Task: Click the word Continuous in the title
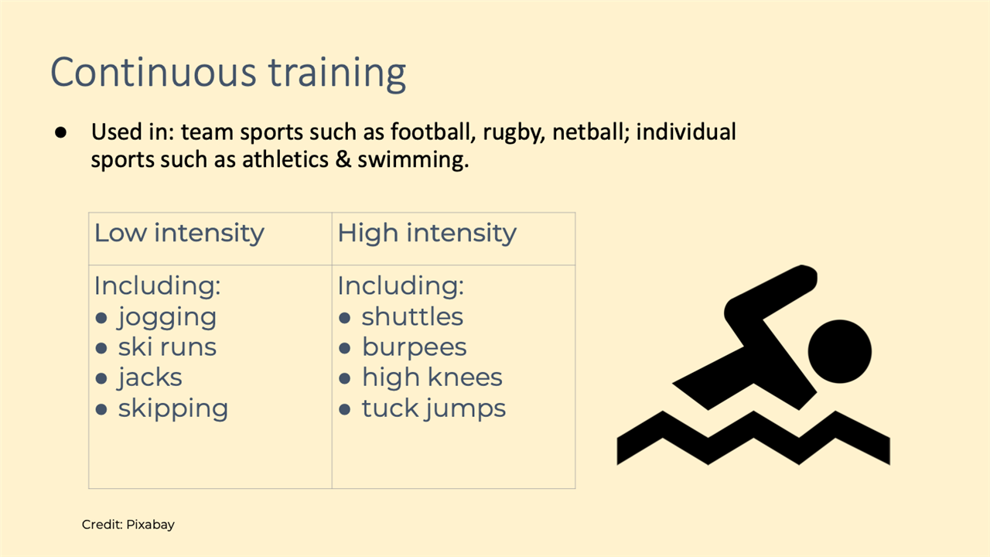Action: (153, 72)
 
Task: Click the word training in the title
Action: (337, 73)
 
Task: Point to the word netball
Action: (591, 132)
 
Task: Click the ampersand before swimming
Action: (343, 159)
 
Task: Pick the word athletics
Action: (285, 159)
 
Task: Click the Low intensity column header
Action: (179, 233)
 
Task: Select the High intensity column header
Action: (427, 233)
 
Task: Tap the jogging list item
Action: (166, 317)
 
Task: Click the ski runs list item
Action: (167, 347)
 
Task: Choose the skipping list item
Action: (172, 408)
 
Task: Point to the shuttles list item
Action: (412, 316)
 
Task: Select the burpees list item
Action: (414, 348)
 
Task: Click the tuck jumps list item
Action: (434, 408)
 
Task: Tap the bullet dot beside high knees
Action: (344, 378)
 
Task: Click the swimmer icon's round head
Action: (840, 351)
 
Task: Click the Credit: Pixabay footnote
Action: (128, 525)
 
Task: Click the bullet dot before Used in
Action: (60, 132)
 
